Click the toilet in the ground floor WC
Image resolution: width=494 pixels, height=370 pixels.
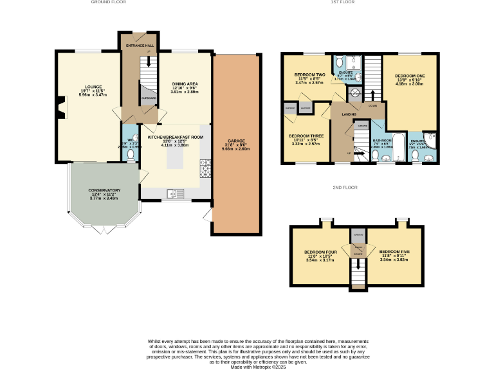pyautogui.click(x=131, y=155)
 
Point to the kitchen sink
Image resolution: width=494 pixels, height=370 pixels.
pyautogui.click(x=173, y=193)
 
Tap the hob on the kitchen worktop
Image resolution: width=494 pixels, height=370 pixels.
pyautogui.click(x=206, y=169)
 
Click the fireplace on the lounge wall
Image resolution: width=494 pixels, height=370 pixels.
pyautogui.click(x=60, y=107)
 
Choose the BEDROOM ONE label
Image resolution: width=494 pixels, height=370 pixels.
pyautogui.click(x=409, y=76)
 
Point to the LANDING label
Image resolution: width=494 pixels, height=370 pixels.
pyautogui.click(x=349, y=114)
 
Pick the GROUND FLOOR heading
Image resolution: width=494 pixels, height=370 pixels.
pyautogui.click(x=108, y=3)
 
